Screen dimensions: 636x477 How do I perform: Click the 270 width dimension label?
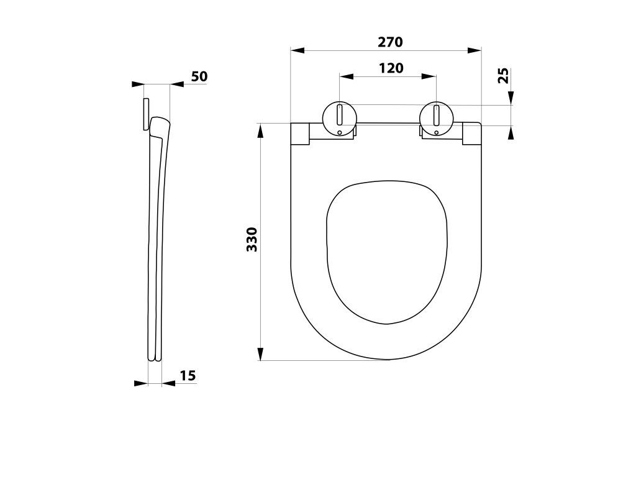coord(390,42)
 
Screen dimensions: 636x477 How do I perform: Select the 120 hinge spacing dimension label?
coord(391,68)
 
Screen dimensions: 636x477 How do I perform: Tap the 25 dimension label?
coord(503,75)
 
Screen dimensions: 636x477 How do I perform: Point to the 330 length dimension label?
coord(252,239)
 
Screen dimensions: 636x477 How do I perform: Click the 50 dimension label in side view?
coord(199,76)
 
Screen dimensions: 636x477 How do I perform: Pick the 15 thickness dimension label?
coord(188,376)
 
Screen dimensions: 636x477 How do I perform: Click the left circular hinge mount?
coord(340,119)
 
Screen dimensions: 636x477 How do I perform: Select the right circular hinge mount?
coord(437,119)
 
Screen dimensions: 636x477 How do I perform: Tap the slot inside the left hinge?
coord(340,116)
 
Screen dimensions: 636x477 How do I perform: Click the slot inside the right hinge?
coord(437,116)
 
